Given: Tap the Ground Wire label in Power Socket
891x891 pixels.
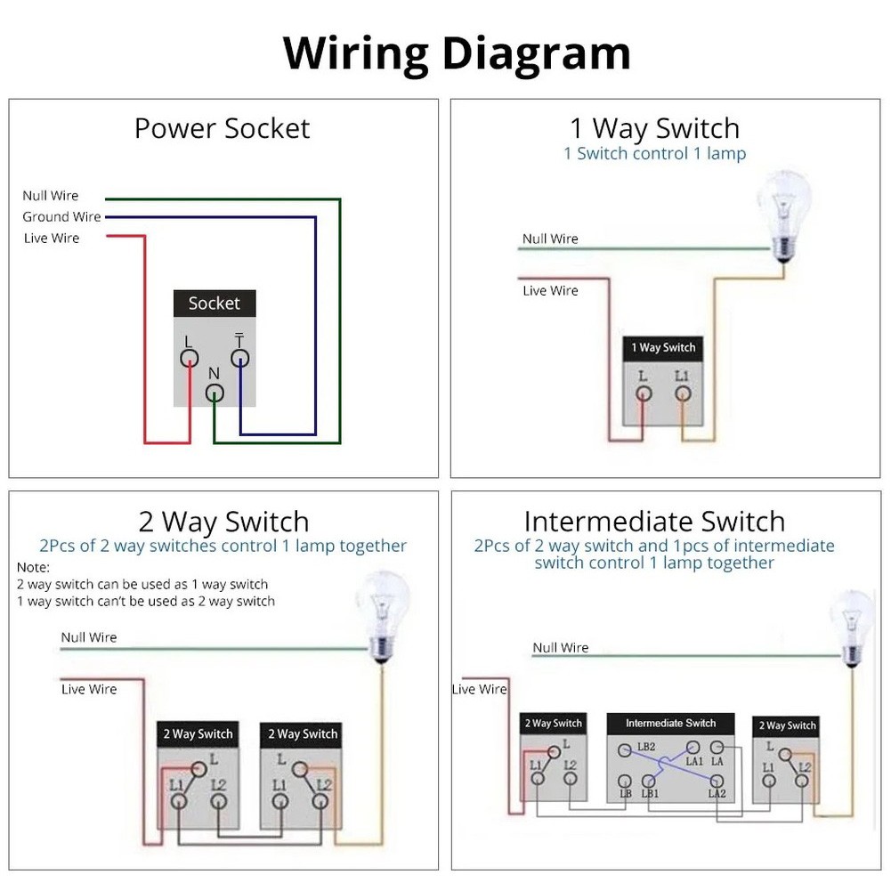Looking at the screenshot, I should pos(61,216).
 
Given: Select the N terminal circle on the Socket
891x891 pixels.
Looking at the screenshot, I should pos(215,393).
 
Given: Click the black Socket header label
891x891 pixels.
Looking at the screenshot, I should pos(214,304).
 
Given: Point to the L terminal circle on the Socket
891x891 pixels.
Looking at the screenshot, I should pos(189,358).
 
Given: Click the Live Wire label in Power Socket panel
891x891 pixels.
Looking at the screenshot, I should pos(52,238).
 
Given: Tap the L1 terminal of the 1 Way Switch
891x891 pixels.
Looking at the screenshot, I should pos(682,393).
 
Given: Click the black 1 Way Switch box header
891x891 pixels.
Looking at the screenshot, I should pos(663,347).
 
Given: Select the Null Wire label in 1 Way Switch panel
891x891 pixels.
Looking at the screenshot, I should pos(550,239).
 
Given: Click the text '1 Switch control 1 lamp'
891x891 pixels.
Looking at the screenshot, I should pos(654,153).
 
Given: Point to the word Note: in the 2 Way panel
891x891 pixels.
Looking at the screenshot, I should pos(34,567).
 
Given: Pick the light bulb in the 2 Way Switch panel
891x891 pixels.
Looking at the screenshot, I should pos(383,613).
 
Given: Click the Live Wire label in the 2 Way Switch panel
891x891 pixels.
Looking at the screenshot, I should pos(89,689).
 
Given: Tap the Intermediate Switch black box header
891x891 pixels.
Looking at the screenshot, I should pos(670,723).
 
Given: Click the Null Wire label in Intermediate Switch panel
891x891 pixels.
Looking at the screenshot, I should pos(561,647).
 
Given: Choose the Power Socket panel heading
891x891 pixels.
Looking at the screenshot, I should pos(222,128).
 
